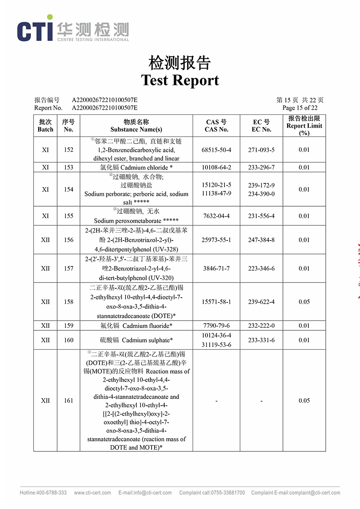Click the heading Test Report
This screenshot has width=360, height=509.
click(180, 80)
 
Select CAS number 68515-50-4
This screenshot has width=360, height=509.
click(216, 150)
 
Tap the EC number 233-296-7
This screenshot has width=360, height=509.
click(261, 167)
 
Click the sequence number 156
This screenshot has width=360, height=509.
click(69, 240)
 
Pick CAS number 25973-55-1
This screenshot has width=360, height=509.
click(216, 240)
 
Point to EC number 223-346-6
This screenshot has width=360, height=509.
click(261, 268)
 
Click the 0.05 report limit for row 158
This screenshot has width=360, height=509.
click(304, 302)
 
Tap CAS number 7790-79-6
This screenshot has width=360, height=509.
click(216, 326)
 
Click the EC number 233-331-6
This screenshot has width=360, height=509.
click(261, 340)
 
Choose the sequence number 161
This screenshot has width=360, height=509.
click(69, 401)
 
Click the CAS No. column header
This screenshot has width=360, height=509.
click(216, 126)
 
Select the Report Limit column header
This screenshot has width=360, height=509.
click(304, 126)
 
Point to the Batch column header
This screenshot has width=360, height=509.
click(45, 126)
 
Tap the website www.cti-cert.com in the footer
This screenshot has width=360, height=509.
click(92, 493)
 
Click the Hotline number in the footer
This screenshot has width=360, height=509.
click(43, 493)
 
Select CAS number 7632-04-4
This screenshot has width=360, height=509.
click(216, 216)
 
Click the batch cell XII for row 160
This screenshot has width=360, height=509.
click(45, 340)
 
